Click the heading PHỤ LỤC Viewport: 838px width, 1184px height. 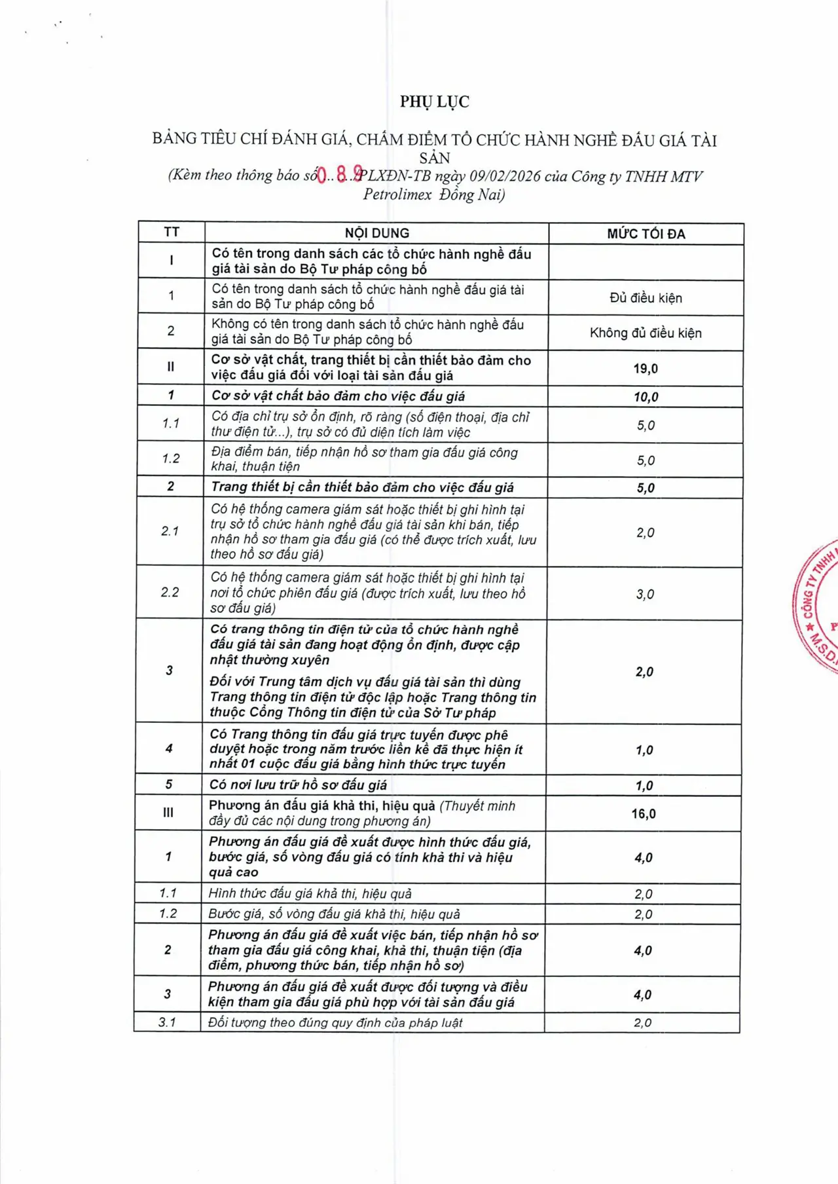tap(435, 102)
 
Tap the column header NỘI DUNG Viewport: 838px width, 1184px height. tap(377, 233)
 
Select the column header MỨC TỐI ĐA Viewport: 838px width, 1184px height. tap(646, 234)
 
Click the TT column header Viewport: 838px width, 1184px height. tap(172, 232)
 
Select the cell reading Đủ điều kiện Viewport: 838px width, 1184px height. tap(646, 298)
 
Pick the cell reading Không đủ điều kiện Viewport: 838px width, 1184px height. tap(646, 333)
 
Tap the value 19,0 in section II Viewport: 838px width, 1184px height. tap(646, 369)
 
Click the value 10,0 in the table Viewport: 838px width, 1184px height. tap(646, 397)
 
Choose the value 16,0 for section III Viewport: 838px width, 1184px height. tap(644, 814)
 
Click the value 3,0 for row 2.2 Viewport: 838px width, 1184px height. tap(645, 594)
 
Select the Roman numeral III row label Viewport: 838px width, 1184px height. tap(168, 813)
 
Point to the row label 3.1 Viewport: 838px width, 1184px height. tap(168, 1022)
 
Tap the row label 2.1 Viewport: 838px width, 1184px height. tap(170, 531)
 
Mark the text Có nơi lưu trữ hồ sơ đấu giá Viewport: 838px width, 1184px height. tap(298, 785)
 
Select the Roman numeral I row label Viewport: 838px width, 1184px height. tap(172, 261)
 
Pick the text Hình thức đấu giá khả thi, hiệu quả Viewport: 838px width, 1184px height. tap(310, 894)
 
